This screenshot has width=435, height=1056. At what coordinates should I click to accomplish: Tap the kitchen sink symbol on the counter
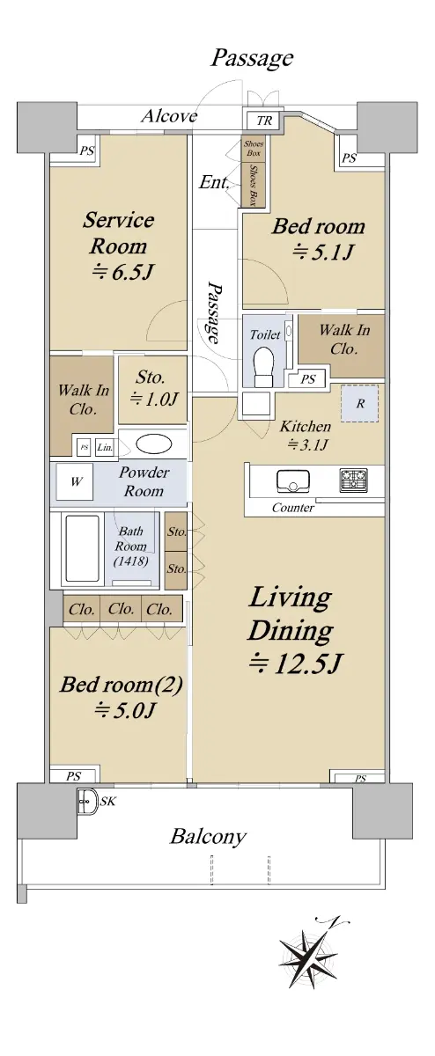click(292, 480)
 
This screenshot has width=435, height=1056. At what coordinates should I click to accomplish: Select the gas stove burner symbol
click(353, 480)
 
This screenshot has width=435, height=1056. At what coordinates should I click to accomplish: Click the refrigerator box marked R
click(359, 404)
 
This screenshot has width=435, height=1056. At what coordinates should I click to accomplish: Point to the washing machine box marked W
click(75, 481)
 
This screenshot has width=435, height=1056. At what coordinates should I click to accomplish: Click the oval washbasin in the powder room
click(154, 444)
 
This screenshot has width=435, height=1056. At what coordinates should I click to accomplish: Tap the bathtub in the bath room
click(83, 548)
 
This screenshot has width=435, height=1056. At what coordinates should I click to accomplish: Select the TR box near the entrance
click(264, 121)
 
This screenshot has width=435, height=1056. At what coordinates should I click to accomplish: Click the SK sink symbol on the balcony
click(87, 800)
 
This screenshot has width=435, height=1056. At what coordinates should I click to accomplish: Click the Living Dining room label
click(291, 613)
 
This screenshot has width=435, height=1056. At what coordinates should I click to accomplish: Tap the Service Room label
click(119, 233)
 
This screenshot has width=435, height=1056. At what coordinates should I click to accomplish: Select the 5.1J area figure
click(323, 253)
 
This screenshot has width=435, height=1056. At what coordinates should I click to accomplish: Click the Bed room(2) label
click(122, 685)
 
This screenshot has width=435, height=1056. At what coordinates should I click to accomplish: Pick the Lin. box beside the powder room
click(105, 447)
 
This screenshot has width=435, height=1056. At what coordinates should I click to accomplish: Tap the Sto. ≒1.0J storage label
click(153, 388)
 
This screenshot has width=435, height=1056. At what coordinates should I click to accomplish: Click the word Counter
click(293, 508)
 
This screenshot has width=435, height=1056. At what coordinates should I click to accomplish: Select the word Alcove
click(169, 116)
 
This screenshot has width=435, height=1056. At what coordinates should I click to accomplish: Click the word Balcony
click(208, 837)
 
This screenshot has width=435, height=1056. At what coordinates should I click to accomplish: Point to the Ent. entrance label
click(214, 182)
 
